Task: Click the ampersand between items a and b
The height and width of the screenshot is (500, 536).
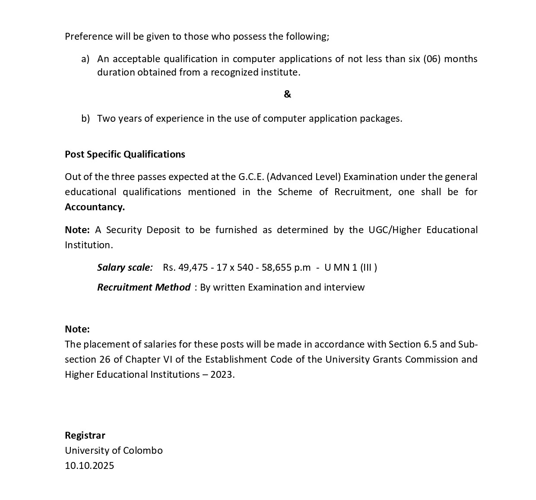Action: pos(287,94)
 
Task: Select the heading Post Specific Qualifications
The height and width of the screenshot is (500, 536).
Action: pos(125,154)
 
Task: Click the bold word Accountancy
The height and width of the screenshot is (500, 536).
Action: pos(95,207)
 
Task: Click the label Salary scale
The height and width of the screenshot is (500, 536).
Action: pos(125,267)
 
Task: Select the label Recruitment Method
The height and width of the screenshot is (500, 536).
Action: pos(143,287)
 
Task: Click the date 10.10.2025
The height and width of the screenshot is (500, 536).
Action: pos(89,465)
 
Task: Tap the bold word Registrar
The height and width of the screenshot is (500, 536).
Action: pos(85,435)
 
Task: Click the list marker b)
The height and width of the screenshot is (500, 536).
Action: pos(86,118)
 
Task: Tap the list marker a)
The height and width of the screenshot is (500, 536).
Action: pos(86,59)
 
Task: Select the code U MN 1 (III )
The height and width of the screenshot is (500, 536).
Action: pos(350,267)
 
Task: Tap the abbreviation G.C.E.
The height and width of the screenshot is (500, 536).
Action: pos(251,177)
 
